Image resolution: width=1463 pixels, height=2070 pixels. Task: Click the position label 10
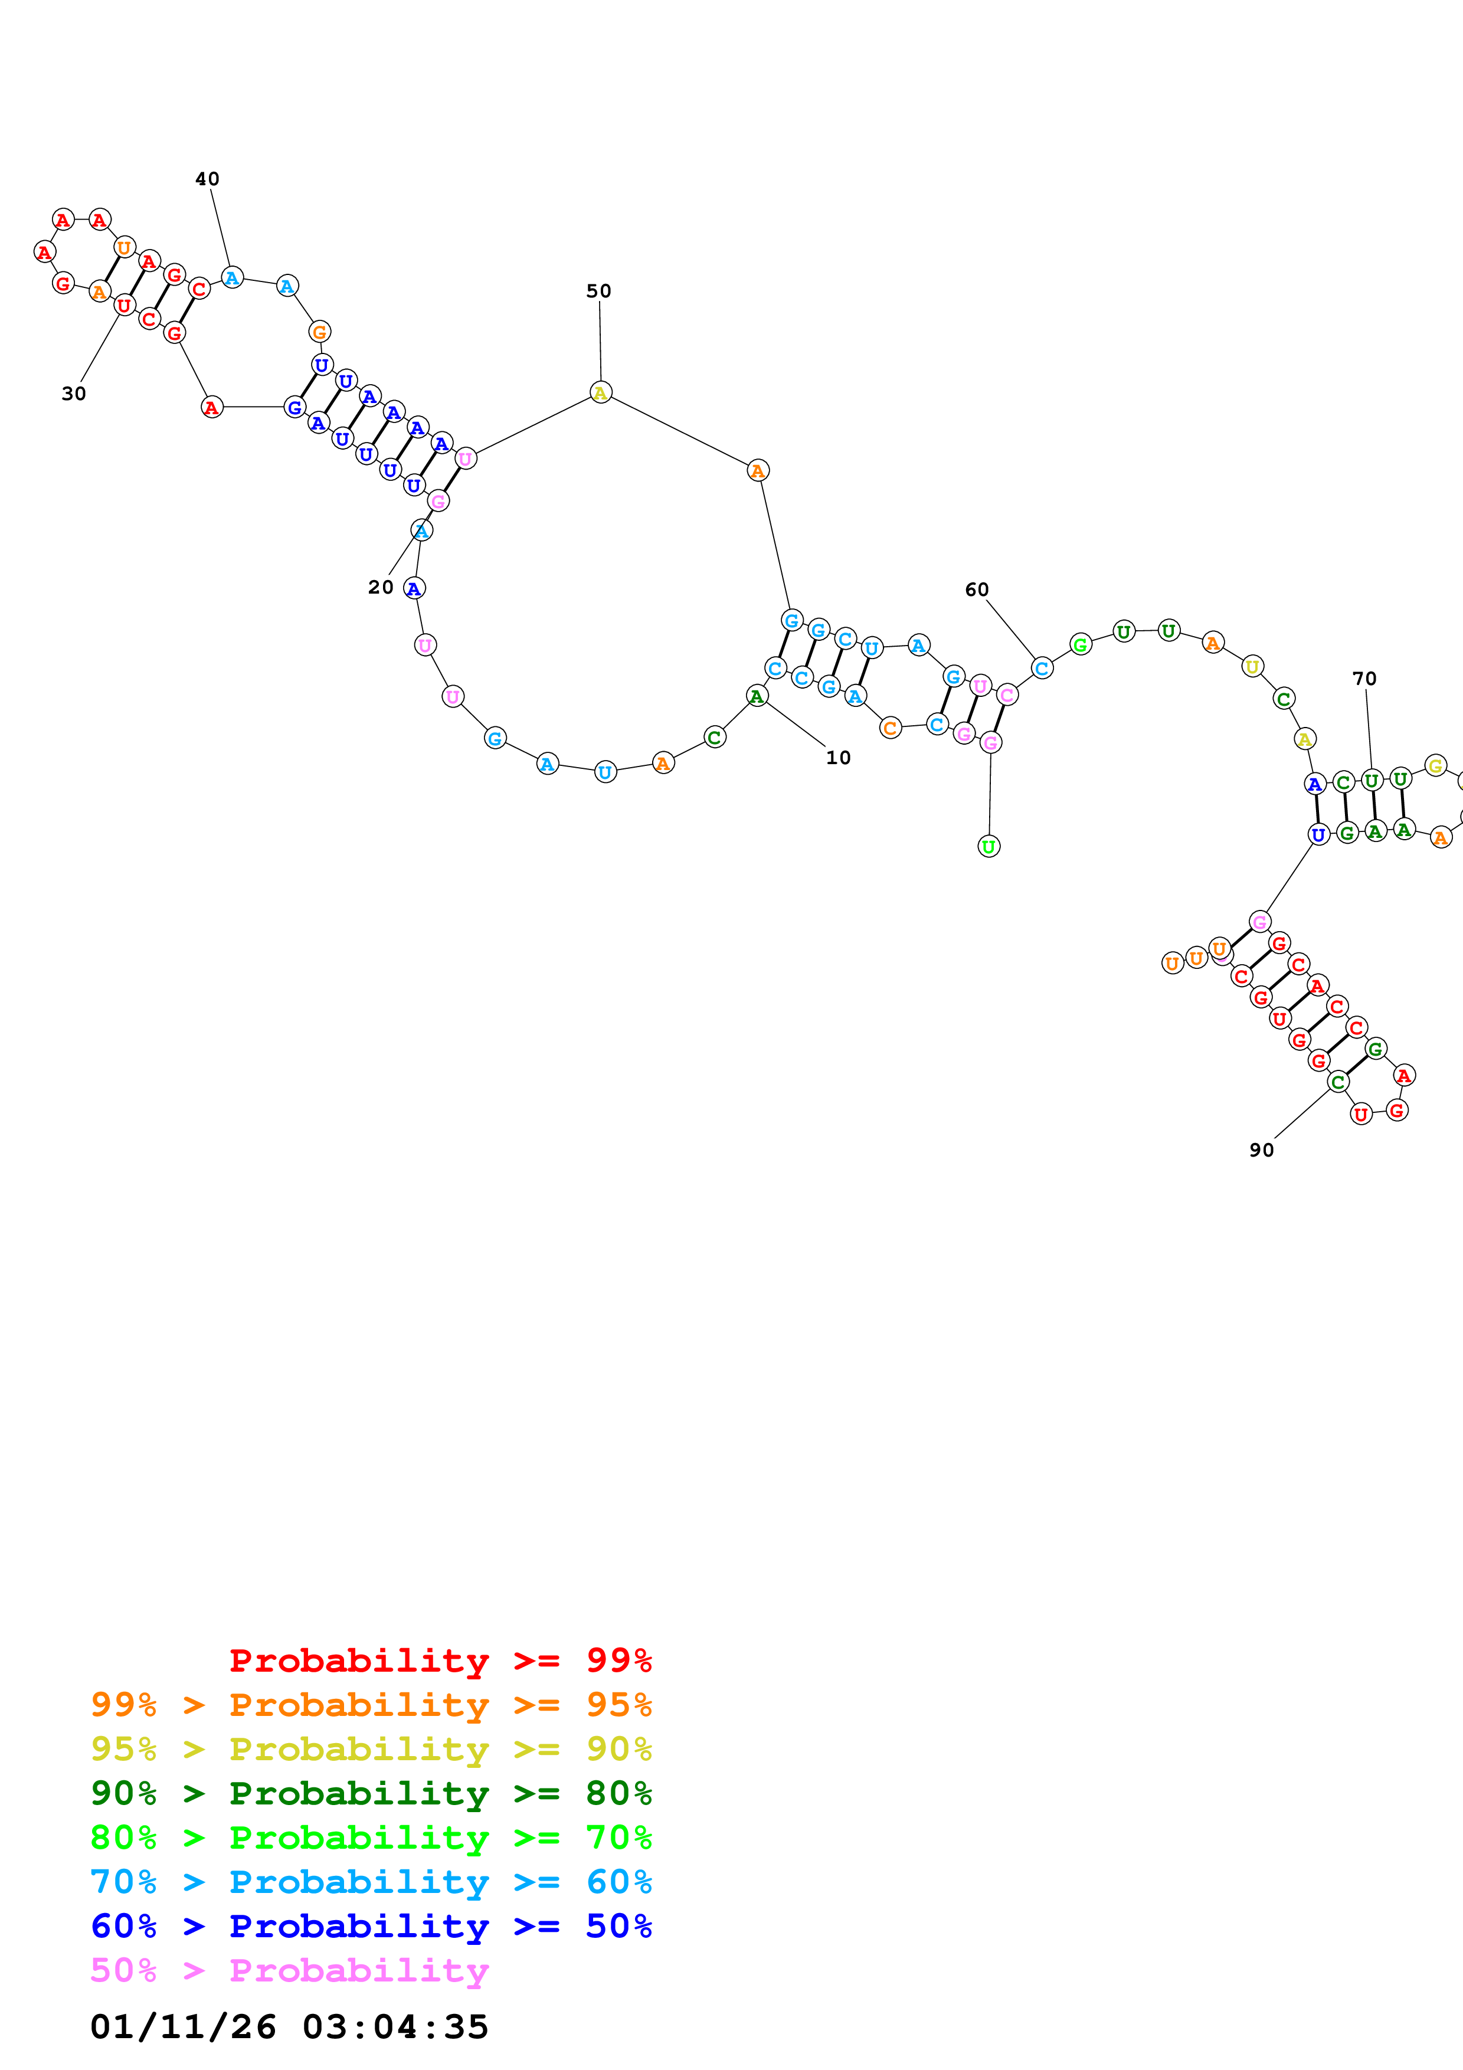(837, 758)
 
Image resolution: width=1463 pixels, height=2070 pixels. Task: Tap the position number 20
(381, 588)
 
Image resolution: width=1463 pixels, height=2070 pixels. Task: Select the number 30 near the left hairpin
(74, 394)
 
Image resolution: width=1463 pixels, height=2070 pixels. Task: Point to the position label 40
(207, 179)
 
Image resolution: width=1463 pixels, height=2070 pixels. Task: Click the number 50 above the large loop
(598, 291)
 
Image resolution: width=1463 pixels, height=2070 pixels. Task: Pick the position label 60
(976, 589)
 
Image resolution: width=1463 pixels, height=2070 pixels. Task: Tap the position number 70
(1364, 679)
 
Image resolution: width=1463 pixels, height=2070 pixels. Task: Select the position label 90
(1261, 1151)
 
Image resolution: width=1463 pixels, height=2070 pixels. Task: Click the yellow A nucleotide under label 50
(600, 392)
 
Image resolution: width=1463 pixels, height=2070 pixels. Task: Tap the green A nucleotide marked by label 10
(757, 696)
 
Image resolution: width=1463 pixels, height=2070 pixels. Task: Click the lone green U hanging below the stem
(989, 847)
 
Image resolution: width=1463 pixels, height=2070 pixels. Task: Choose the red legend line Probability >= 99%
(440, 1660)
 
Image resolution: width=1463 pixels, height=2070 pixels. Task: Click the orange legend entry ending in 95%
(371, 1705)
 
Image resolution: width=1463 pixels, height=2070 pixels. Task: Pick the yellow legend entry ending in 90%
(371, 1749)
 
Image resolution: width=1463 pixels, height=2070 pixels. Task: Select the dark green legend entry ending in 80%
(371, 1793)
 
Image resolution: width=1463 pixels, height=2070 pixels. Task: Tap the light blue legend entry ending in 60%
(371, 1882)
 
